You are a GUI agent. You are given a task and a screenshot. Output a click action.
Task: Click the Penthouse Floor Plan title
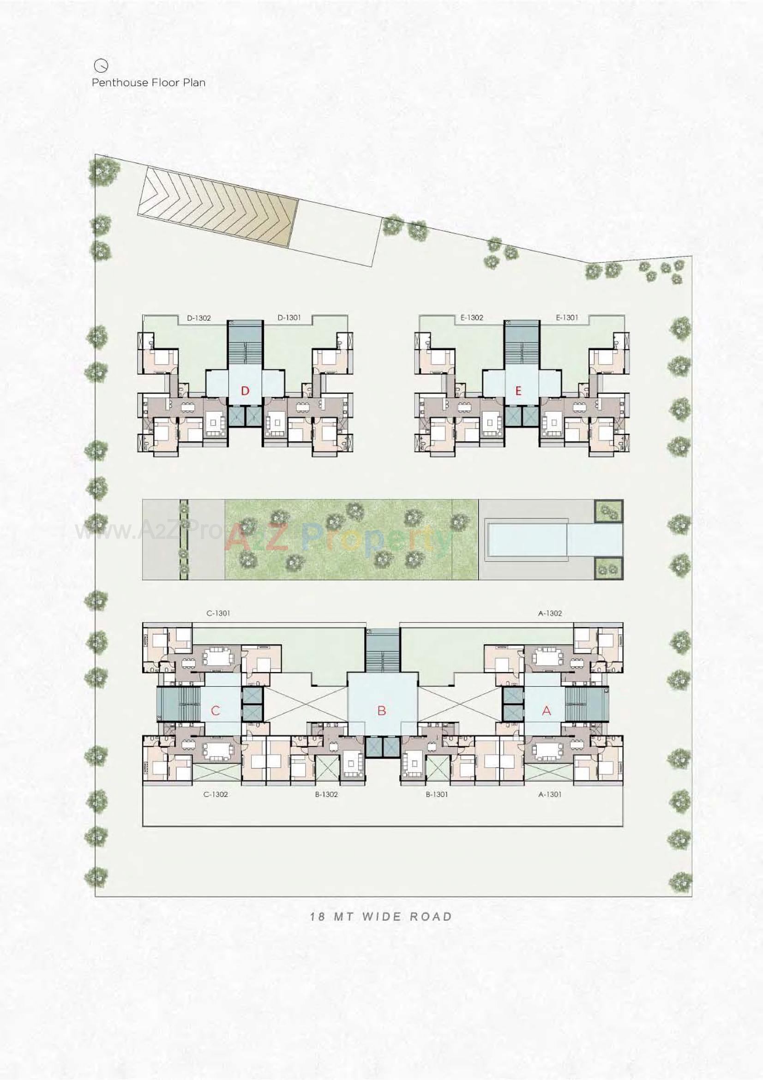coord(148,83)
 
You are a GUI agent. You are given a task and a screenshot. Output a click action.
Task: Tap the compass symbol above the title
coord(101,65)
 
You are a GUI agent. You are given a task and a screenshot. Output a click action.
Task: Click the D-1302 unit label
coord(199,318)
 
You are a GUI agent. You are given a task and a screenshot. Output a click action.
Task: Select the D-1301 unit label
coord(289,318)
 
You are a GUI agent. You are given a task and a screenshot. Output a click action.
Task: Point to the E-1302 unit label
coord(472,318)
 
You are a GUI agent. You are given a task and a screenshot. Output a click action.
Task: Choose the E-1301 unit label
coord(567,318)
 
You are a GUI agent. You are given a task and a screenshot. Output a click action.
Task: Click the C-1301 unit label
coord(218,613)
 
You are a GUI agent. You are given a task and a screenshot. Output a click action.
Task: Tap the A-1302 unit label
coord(550,613)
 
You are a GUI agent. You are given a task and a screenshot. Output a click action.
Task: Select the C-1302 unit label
coord(216,794)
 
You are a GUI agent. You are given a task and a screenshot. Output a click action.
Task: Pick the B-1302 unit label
coord(326,794)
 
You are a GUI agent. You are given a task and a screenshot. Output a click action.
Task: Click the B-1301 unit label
coord(437,794)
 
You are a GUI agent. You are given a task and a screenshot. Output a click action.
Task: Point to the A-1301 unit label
coord(550,794)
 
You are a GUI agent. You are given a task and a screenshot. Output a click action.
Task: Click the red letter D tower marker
coord(245,391)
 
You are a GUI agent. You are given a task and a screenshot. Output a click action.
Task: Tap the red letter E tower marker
coord(518,391)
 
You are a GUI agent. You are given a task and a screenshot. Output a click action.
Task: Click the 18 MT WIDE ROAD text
coord(381,916)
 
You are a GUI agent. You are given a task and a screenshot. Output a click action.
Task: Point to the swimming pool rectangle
coord(527,539)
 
